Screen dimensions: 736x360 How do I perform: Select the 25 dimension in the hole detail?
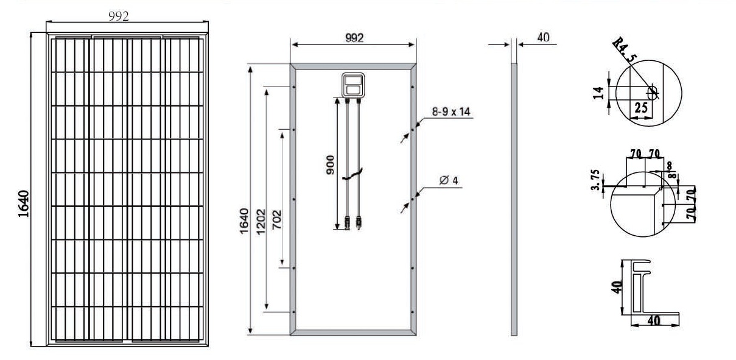coord(641,107)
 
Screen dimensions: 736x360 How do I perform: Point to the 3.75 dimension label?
coord(595,180)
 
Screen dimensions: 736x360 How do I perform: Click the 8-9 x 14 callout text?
coord(451,112)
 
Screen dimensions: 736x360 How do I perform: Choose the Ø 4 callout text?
coord(449,180)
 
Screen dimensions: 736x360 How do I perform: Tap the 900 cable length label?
coord(330,165)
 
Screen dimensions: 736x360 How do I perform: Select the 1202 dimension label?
coord(261,222)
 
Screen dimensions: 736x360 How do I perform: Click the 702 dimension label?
coord(276,220)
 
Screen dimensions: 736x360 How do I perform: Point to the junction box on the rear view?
coord(353,85)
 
